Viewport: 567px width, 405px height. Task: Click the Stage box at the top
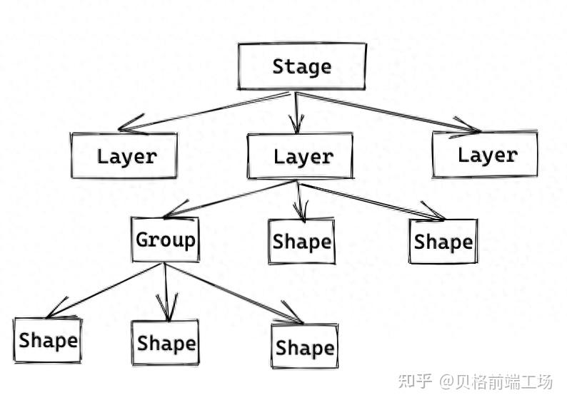(301, 67)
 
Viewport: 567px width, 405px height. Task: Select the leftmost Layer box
(124, 156)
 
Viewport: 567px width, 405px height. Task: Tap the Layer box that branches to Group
(300, 156)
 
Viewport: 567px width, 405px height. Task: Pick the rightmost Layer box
(486, 154)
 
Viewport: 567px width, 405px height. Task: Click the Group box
(166, 240)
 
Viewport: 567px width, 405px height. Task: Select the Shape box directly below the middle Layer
(301, 242)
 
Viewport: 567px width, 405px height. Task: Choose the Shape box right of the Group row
(443, 242)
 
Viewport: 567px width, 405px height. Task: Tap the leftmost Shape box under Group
(48, 340)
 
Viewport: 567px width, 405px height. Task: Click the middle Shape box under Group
(166, 343)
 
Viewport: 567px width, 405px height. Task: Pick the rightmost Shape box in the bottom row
(304, 347)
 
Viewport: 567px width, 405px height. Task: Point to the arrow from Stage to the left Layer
(207, 111)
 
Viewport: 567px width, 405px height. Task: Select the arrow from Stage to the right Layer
(386, 111)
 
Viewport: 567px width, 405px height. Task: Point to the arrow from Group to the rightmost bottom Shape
(229, 292)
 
